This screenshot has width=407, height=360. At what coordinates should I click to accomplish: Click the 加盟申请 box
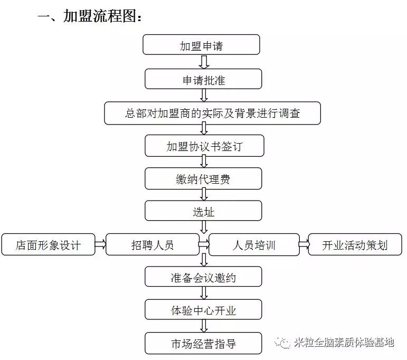pos(201,45)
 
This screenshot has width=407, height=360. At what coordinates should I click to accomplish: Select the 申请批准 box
pos(203,79)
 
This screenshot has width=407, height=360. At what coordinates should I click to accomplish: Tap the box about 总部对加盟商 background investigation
pos(212,113)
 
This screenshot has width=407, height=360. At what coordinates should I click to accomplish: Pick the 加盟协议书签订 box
pos(204,146)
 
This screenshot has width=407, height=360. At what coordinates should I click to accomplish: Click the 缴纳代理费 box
pos(203,179)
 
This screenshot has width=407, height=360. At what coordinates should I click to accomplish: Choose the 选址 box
pos(203,212)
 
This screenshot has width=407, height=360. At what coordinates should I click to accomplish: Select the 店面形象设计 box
pos(48,245)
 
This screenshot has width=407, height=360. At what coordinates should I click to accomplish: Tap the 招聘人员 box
pos(152,245)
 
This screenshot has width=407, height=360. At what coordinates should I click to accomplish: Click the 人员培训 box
pos(254,245)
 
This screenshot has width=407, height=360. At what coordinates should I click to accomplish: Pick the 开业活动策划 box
pos(355,245)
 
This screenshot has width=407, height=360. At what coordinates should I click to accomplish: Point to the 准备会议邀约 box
pos(203,278)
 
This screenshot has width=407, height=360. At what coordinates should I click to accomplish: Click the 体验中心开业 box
pos(203,310)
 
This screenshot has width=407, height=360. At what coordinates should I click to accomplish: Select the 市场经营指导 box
pos(203,344)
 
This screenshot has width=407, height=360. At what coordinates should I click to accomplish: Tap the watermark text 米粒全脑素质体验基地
pos(343,343)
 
